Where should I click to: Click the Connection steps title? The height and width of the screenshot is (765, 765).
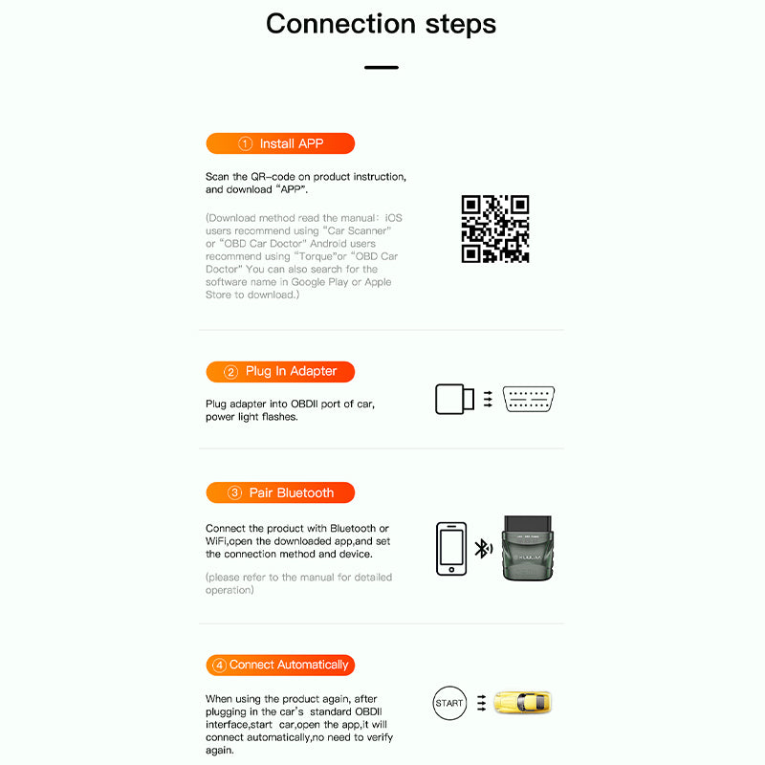tap(382, 24)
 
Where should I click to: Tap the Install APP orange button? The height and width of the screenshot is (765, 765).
tap(280, 143)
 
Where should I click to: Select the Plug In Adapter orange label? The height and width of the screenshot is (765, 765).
tap(280, 371)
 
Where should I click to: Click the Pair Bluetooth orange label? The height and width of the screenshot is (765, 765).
tap(280, 492)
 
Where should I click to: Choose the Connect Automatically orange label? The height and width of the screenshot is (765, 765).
tap(280, 665)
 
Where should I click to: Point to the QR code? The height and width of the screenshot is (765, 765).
tap(494, 229)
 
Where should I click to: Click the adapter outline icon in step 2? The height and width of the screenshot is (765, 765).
tap(454, 398)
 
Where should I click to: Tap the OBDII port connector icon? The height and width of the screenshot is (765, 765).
tap(529, 399)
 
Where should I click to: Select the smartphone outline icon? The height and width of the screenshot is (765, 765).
tap(451, 548)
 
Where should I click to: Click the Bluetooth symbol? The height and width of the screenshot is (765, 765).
tap(483, 549)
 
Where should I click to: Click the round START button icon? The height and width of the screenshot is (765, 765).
tap(448, 703)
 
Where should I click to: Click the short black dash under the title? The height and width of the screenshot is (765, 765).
tap(382, 68)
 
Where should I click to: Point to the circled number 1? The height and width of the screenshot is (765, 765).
tap(245, 143)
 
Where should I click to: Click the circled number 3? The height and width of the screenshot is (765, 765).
tap(234, 492)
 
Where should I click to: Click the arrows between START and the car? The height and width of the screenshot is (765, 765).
tap(482, 703)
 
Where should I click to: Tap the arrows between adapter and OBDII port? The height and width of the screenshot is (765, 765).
tap(488, 399)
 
